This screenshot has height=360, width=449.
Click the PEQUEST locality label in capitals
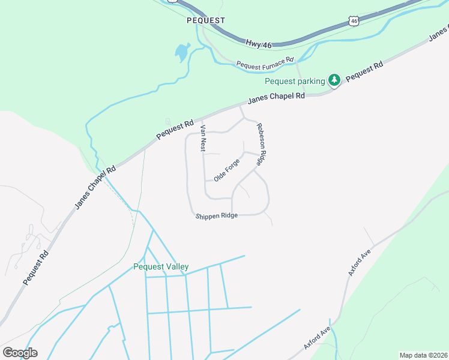pos(206,20)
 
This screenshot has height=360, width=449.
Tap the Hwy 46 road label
pos(259,43)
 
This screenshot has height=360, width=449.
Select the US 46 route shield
pos(354,22)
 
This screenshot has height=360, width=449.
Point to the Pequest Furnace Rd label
pos(265,63)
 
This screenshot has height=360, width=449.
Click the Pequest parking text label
pos(295,81)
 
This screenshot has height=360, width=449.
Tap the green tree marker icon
pos(334,80)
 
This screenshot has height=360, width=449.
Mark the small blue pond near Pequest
pos(182,53)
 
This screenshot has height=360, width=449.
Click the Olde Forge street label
pos(227,170)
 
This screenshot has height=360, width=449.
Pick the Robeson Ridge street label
pos(261,144)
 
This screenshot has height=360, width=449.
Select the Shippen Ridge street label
pos(217,216)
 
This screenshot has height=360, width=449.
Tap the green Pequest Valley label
pos(161,266)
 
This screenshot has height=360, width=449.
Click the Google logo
pos(20,353)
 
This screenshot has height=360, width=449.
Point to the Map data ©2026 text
pos(423,355)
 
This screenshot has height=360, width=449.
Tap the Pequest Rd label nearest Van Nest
pos(175,129)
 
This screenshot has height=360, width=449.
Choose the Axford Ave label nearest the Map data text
pos(317,338)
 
